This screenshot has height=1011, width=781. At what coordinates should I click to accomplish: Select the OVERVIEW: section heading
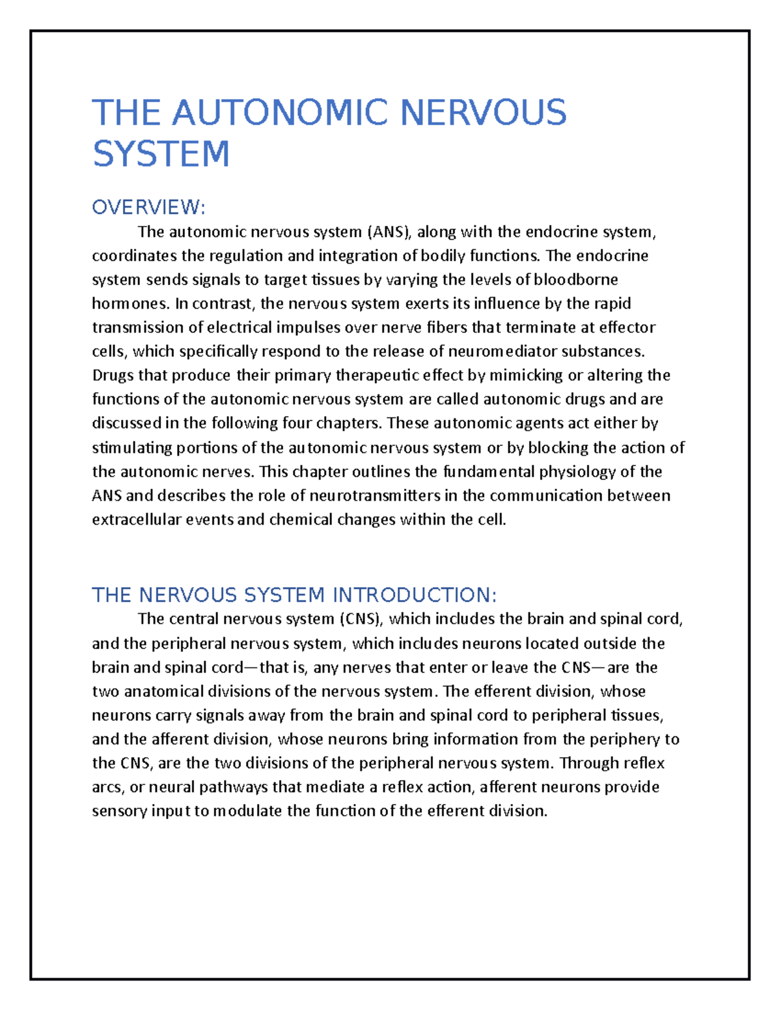[148, 208]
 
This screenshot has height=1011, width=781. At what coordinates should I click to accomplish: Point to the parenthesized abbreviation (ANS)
[389, 232]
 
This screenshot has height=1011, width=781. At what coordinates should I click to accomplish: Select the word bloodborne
[575, 279]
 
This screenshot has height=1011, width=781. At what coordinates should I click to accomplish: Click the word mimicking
[526, 376]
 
